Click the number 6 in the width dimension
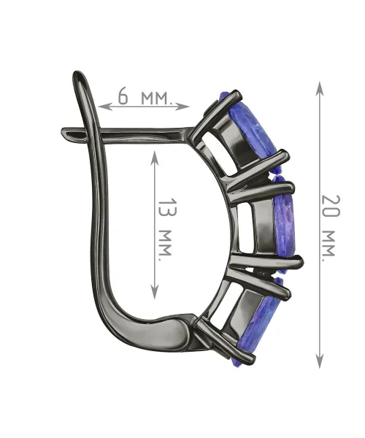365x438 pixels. (x=123, y=96)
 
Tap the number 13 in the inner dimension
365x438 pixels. (x=168, y=207)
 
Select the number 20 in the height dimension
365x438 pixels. (x=331, y=206)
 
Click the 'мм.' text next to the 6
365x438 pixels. (x=155, y=99)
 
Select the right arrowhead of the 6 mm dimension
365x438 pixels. (x=182, y=107)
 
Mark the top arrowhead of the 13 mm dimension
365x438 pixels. (x=155, y=158)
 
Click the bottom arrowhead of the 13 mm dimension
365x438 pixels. (x=155, y=291)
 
